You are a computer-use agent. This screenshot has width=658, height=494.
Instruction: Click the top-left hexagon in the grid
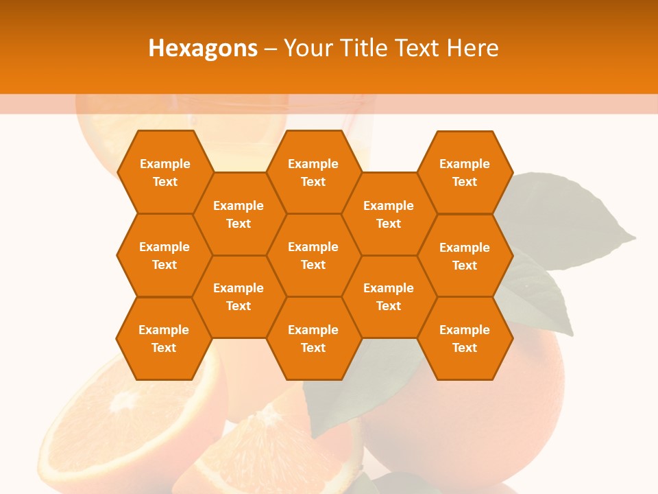(164, 172)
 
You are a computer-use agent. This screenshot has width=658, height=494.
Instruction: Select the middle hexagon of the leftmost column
(164, 255)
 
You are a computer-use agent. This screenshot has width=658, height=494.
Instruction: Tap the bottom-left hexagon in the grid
(164, 338)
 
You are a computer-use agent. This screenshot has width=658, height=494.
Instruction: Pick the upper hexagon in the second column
(239, 214)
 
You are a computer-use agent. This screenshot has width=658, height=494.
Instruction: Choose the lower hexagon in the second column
(239, 296)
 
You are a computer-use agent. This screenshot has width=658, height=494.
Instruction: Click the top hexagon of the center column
(313, 172)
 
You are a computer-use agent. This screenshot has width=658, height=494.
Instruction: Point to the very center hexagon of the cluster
(313, 255)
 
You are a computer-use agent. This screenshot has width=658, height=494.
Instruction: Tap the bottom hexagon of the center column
(313, 338)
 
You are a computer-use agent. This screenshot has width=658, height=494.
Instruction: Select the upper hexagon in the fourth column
(389, 214)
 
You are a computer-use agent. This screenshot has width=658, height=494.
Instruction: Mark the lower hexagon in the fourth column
(389, 296)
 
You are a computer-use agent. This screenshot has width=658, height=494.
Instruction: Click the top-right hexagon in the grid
(465, 172)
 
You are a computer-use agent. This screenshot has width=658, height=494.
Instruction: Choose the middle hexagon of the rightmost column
(465, 256)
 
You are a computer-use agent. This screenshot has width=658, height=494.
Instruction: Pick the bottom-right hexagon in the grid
(465, 338)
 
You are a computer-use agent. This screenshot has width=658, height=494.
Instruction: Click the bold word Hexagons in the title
(203, 48)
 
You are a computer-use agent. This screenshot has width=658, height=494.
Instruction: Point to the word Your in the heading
(307, 48)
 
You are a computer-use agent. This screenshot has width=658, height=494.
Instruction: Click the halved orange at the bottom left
(130, 425)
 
